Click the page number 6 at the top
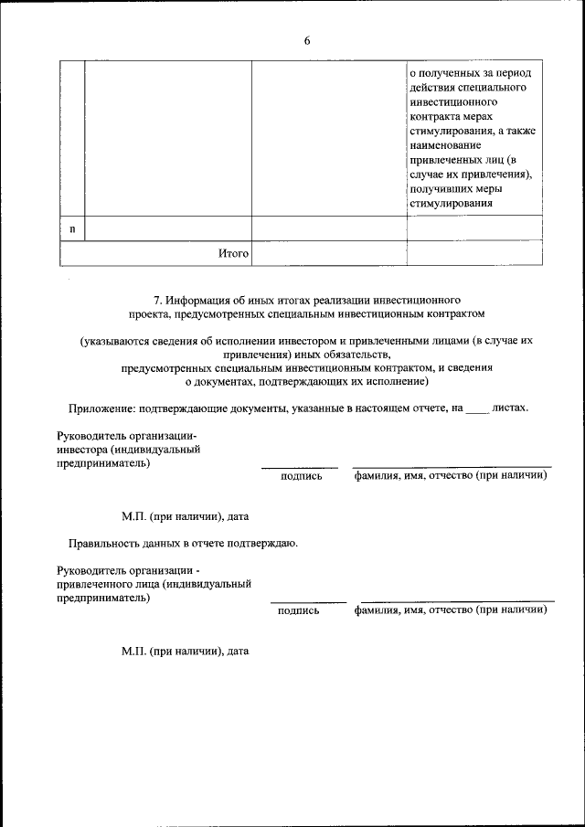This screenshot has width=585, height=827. (x=307, y=41)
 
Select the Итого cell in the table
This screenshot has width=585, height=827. (x=233, y=253)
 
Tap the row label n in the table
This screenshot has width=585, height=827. (x=72, y=228)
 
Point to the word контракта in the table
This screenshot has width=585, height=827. (x=437, y=116)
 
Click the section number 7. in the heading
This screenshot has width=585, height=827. (x=158, y=299)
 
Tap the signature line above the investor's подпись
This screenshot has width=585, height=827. (x=300, y=467)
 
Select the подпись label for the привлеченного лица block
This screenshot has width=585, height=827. (x=299, y=610)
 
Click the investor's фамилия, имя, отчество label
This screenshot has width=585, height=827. (x=451, y=475)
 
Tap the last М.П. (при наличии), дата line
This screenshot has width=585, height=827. (x=186, y=652)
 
